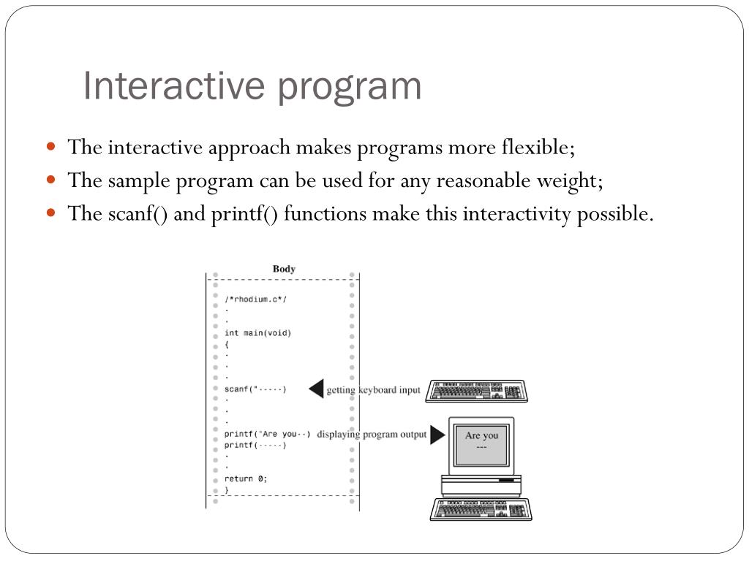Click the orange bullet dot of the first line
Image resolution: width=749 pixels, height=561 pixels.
[x=50, y=146]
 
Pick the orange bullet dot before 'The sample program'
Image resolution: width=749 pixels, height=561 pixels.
[x=50, y=179]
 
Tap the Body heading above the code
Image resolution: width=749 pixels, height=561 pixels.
[x=284, y=269]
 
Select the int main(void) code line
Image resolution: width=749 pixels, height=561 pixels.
[x=257, y=333]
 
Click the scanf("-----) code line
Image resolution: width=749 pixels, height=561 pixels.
[x=255, y=389]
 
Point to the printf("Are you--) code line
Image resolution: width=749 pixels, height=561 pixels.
[x=267, y=434]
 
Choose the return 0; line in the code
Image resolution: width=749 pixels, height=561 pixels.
[x=246, y=478]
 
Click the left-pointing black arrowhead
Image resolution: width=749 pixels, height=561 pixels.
[x=316, y=389]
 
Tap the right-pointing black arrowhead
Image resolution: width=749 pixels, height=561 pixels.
[x=437, y=435]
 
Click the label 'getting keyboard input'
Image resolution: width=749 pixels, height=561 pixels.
[x=373, y=389]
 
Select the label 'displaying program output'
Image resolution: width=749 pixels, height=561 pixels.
[x=372, y=435]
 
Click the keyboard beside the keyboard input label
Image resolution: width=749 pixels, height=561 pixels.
[x=477, y=390]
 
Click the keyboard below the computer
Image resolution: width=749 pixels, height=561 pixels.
[x=481, y=509]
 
